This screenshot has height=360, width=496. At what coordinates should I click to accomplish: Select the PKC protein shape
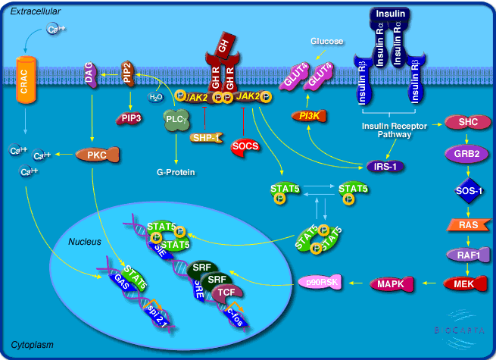click(x=97, y=155)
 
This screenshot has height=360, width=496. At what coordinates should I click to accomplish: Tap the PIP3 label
click(x=128, y=117)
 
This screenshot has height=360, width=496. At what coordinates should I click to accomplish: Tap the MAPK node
click(x=392, y=284)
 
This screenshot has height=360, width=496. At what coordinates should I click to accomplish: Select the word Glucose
click(x=326, y=41)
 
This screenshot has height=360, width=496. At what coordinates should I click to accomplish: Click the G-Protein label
click(x=176, y=173)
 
